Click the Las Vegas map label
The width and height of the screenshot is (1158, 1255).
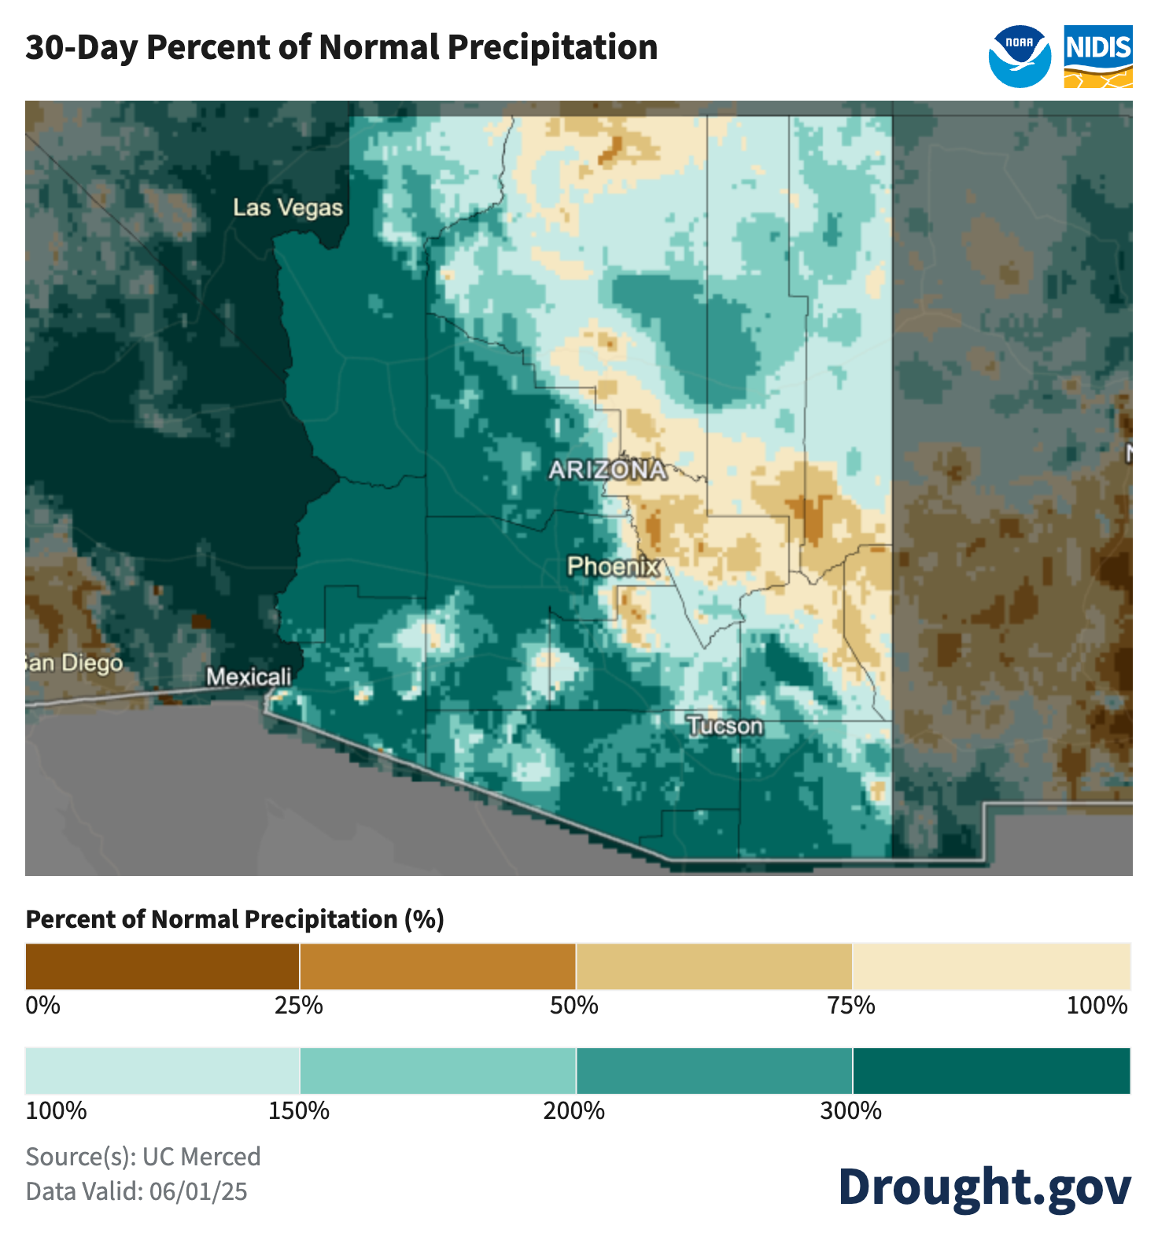(x=288, y=208)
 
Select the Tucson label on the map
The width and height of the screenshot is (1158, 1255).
(x=725, y=726)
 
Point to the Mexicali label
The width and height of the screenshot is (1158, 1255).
(x=249, y=676)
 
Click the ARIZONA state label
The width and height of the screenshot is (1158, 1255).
(x=607, y=470)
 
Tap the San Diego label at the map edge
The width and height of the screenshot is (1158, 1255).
(x=75, y=663)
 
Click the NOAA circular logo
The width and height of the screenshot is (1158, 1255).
(x=1020, y=57)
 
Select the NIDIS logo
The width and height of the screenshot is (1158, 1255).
(x=1098, y=57)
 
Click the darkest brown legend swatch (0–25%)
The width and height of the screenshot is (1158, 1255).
(x=162, y=966)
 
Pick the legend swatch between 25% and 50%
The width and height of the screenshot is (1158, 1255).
(x=437, y=966)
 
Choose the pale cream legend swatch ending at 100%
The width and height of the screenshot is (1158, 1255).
(x=991, y=966)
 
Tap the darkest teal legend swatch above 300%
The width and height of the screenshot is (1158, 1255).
(x=991, y=1070)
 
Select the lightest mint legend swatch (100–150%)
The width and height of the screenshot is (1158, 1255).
(x=162, y=1070)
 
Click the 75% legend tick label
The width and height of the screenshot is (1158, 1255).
(x=851, y=1005)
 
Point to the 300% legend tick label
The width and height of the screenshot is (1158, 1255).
(x=851, y=1110)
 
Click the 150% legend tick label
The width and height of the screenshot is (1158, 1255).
(x=299, y=1110)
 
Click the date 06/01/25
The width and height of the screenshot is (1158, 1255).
(x=198, y=1191)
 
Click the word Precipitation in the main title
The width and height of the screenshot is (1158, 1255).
(x=553, y=47)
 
